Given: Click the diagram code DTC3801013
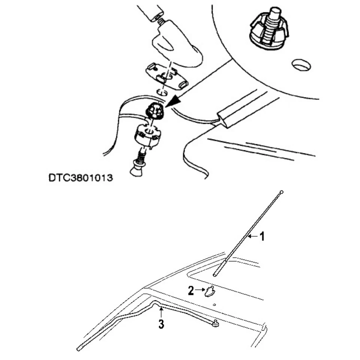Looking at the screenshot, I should point(81,177).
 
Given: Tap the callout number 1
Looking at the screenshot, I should point(262,236).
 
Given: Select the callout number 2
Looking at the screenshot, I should point(191,291).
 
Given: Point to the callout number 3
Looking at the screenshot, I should point(161,324).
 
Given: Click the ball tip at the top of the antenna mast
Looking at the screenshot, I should point(281,192).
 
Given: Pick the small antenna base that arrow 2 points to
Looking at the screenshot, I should point(210,291).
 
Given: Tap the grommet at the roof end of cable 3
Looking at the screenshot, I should point(216,322).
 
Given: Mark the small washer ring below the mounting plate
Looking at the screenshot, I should point(162,92).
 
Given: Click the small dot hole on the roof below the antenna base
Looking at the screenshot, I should point(214,305).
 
